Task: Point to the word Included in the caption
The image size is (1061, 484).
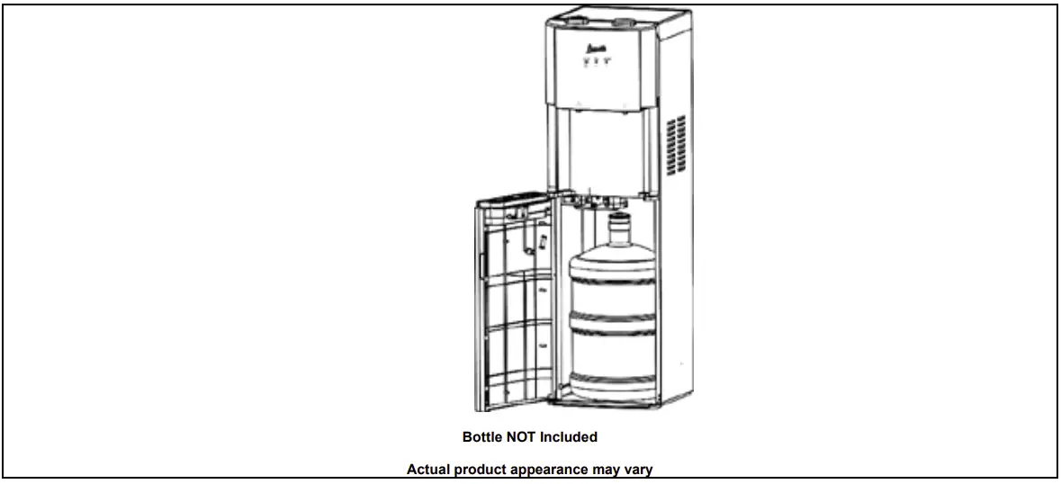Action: [x=568, y=437]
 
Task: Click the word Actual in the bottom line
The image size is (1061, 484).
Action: [x=427, y=469]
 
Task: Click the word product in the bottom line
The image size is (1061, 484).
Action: [x=484, y=469]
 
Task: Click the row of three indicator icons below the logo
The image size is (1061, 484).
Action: [x=595, y=62]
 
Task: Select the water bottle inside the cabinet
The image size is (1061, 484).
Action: [x=614, y=315]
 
